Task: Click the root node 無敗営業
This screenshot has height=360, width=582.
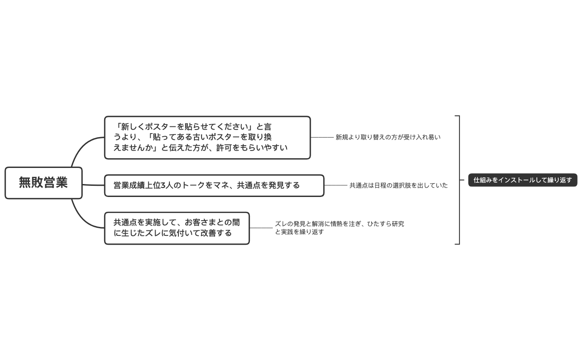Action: pos(43,183)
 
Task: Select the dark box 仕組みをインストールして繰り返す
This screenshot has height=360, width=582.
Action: pos(523,180)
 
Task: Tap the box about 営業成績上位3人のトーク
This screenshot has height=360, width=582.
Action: pos(214,185)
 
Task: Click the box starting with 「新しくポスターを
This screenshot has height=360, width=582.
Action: pos(207,138)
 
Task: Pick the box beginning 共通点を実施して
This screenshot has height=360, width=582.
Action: pos(177,228)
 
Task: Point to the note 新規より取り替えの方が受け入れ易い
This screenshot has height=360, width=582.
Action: pos(388,138)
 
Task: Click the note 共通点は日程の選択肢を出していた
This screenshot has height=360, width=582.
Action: pos(398,185)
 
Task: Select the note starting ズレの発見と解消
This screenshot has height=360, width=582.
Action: pos(339,228)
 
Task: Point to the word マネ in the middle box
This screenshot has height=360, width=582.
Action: pos(222,185)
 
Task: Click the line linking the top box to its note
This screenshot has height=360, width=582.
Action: pos(322,138)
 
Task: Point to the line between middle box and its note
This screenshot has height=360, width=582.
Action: pos(336,185)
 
